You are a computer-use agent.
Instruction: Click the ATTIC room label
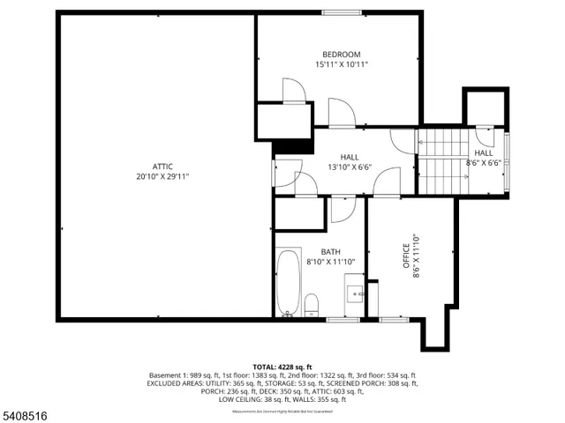162,166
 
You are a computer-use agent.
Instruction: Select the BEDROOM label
341,54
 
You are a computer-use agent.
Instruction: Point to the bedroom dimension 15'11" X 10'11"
341,64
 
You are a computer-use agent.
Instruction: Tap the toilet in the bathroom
311,305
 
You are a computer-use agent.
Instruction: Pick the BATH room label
318,251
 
